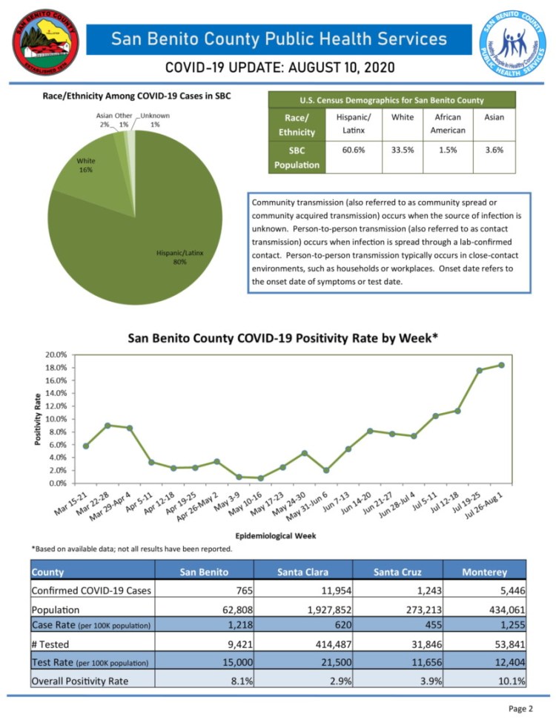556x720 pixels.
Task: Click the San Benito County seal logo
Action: [44, 44]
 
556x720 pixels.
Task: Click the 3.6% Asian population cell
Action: [494, 149]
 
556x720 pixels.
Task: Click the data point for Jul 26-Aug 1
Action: [502, 365]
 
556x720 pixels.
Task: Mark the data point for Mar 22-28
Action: [108, 425]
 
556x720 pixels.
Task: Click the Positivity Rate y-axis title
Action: [38, 419]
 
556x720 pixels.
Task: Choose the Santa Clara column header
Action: [303, 572]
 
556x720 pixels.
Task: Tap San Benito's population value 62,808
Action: [235, 610]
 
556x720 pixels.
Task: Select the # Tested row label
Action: [53, 644]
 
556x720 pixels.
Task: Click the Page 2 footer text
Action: [520, 708]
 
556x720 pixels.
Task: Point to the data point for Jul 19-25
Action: [480, 370]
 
